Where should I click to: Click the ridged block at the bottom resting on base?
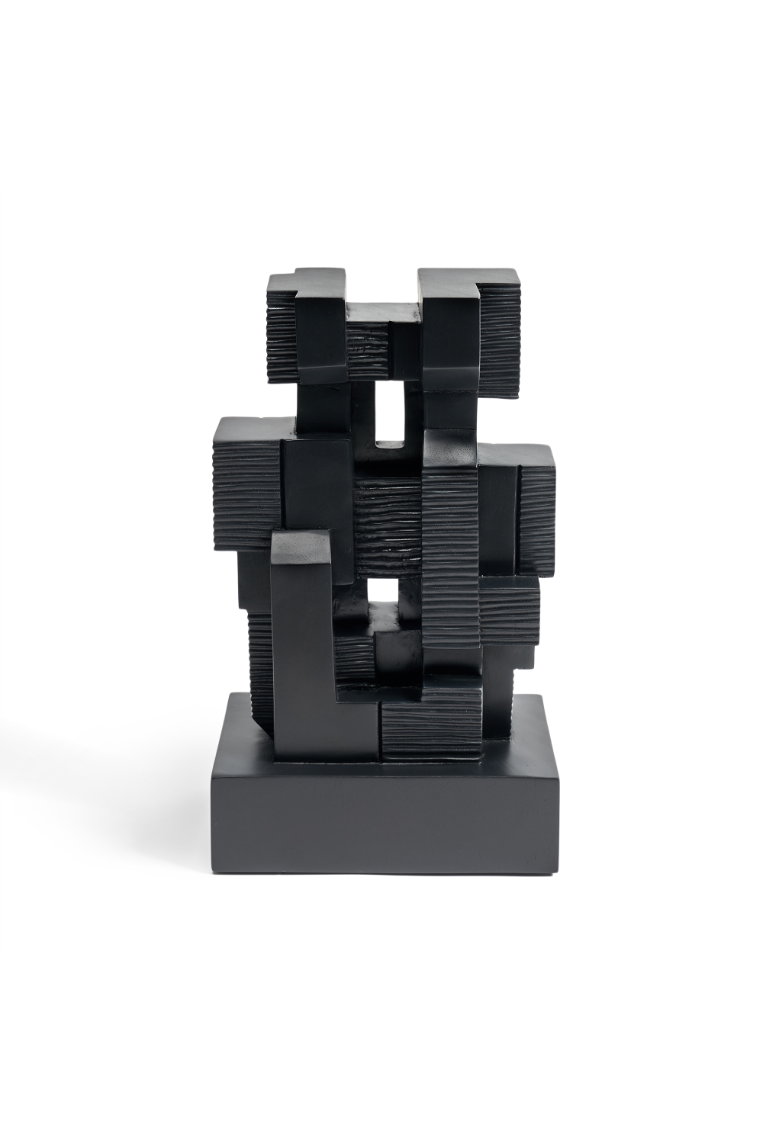pos(430,725)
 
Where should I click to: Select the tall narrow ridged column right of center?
pos(450,557)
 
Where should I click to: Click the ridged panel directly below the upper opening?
pos(388,526)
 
